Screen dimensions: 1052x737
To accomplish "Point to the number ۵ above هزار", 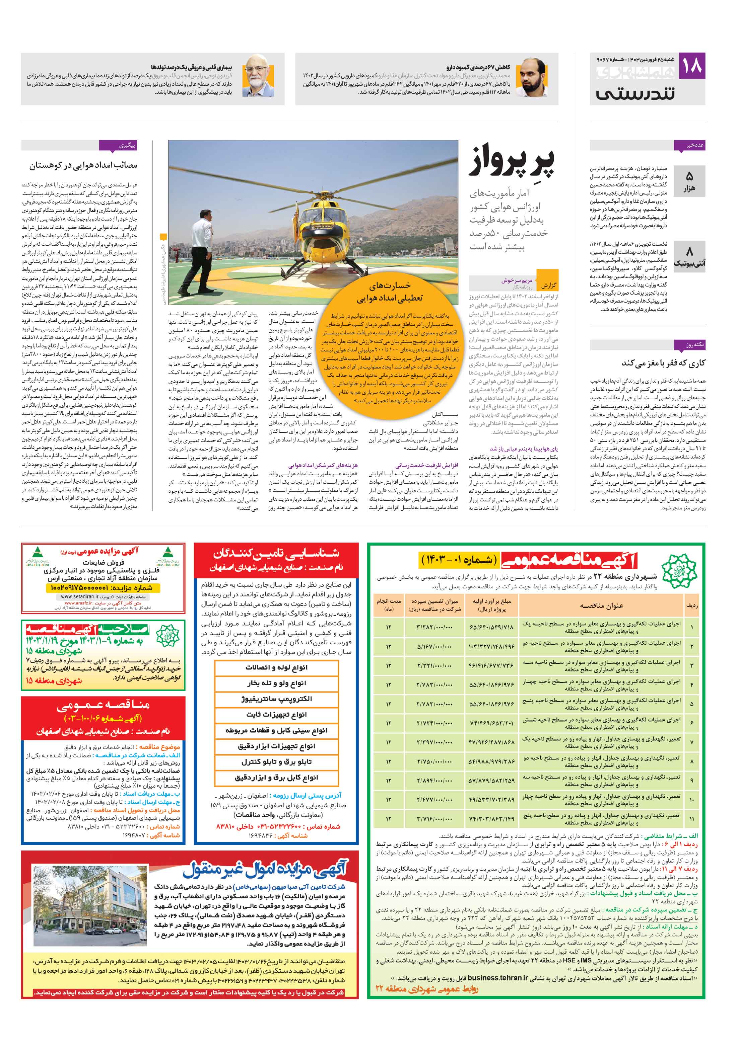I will coord(689,176).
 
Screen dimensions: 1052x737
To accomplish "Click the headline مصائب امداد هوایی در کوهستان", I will coord(83,165).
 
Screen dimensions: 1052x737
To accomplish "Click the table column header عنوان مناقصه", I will coord(601,606).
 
